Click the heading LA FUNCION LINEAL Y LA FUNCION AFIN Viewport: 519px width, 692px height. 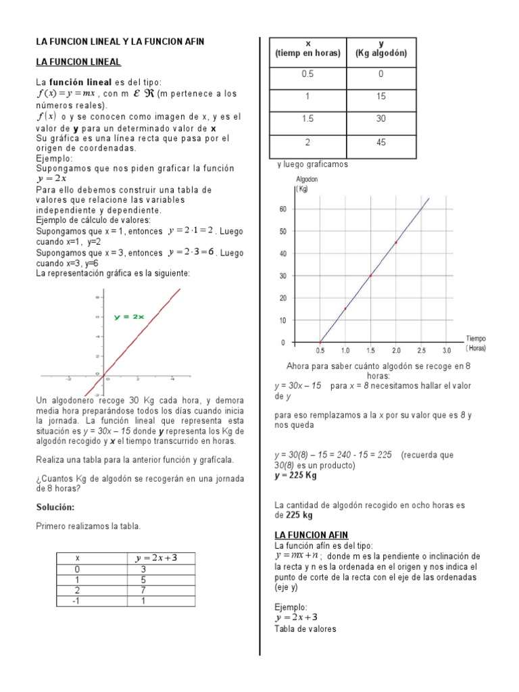pos(120,41)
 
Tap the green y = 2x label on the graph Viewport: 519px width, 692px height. pos(129,316)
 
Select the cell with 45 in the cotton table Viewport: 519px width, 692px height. pos(381,143)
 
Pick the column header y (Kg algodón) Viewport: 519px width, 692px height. pos(381,49)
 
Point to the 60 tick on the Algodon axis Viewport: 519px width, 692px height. pos(282,209)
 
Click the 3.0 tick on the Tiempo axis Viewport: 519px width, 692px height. pos(447,351)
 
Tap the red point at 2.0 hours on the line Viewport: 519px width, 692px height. pos(396,242)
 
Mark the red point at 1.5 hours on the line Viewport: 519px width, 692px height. pos(370,276)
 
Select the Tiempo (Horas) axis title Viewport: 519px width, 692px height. pos(476,343)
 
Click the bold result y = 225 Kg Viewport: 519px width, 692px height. pos(295,476)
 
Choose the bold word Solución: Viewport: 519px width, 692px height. pos(55,507)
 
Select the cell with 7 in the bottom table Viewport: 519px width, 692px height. pos(143,591)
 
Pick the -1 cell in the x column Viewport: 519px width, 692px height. pos(78,601)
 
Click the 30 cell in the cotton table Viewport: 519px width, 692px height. pos(381,119)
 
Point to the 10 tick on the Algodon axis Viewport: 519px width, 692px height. pos(282,320)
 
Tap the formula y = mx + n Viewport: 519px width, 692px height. pos(296,555)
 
